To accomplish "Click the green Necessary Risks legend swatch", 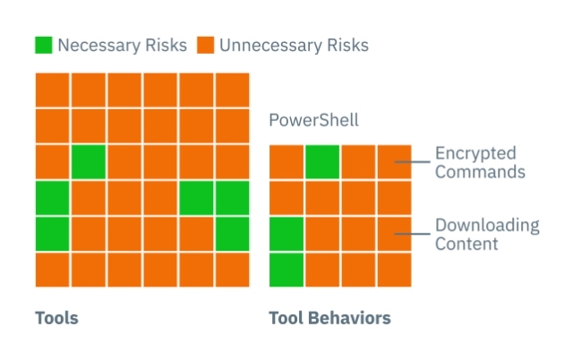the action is tap(44, 45).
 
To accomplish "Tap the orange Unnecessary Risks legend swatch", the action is tap(205, 45).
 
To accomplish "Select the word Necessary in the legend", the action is tap(99, 46).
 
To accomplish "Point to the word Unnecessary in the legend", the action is tap(270, 46).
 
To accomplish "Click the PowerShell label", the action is tap(314, 120).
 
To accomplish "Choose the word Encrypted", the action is tap(475, 154).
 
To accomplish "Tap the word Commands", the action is tap(480, 172).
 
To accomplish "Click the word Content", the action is tap(466, 244).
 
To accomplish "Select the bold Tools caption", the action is tap(56, 318).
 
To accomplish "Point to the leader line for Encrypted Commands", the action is tap(412, 161).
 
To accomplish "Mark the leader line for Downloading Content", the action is tap(412, 234).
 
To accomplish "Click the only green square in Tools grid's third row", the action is tap(89, 161).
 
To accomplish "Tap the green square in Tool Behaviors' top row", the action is tap(322, 161).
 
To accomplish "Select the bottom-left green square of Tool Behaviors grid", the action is tap(286, 270).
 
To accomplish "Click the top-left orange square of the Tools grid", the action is tap(52, 90).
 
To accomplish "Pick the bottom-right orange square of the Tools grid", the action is tap(233, 270).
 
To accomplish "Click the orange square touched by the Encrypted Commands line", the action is tap(394, 161).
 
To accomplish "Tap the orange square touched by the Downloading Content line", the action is tap(394, 234).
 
